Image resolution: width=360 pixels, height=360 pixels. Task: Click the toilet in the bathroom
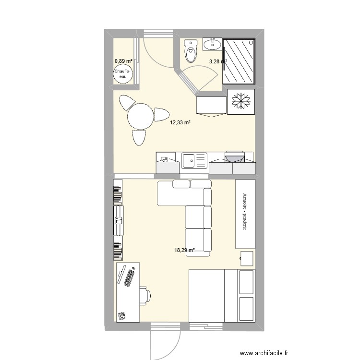[191, 51]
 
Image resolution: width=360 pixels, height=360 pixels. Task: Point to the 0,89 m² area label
[123, 61]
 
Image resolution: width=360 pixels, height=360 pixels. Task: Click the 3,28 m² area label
[218, 61]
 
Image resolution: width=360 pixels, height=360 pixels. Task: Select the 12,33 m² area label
[180, 123]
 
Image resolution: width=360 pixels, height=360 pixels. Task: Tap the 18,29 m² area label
[184, 250]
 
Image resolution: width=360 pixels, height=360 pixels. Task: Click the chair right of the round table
[162, 115]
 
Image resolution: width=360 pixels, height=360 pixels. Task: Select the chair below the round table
[138, 137]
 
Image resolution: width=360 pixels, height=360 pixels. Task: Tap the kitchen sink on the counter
[193, 160]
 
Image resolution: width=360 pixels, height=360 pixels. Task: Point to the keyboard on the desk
[128, 277]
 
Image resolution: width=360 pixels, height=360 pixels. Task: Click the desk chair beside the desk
[144, 296]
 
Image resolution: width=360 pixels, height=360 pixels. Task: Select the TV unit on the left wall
[118, 220]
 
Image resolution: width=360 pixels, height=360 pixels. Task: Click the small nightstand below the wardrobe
[247, 258]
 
